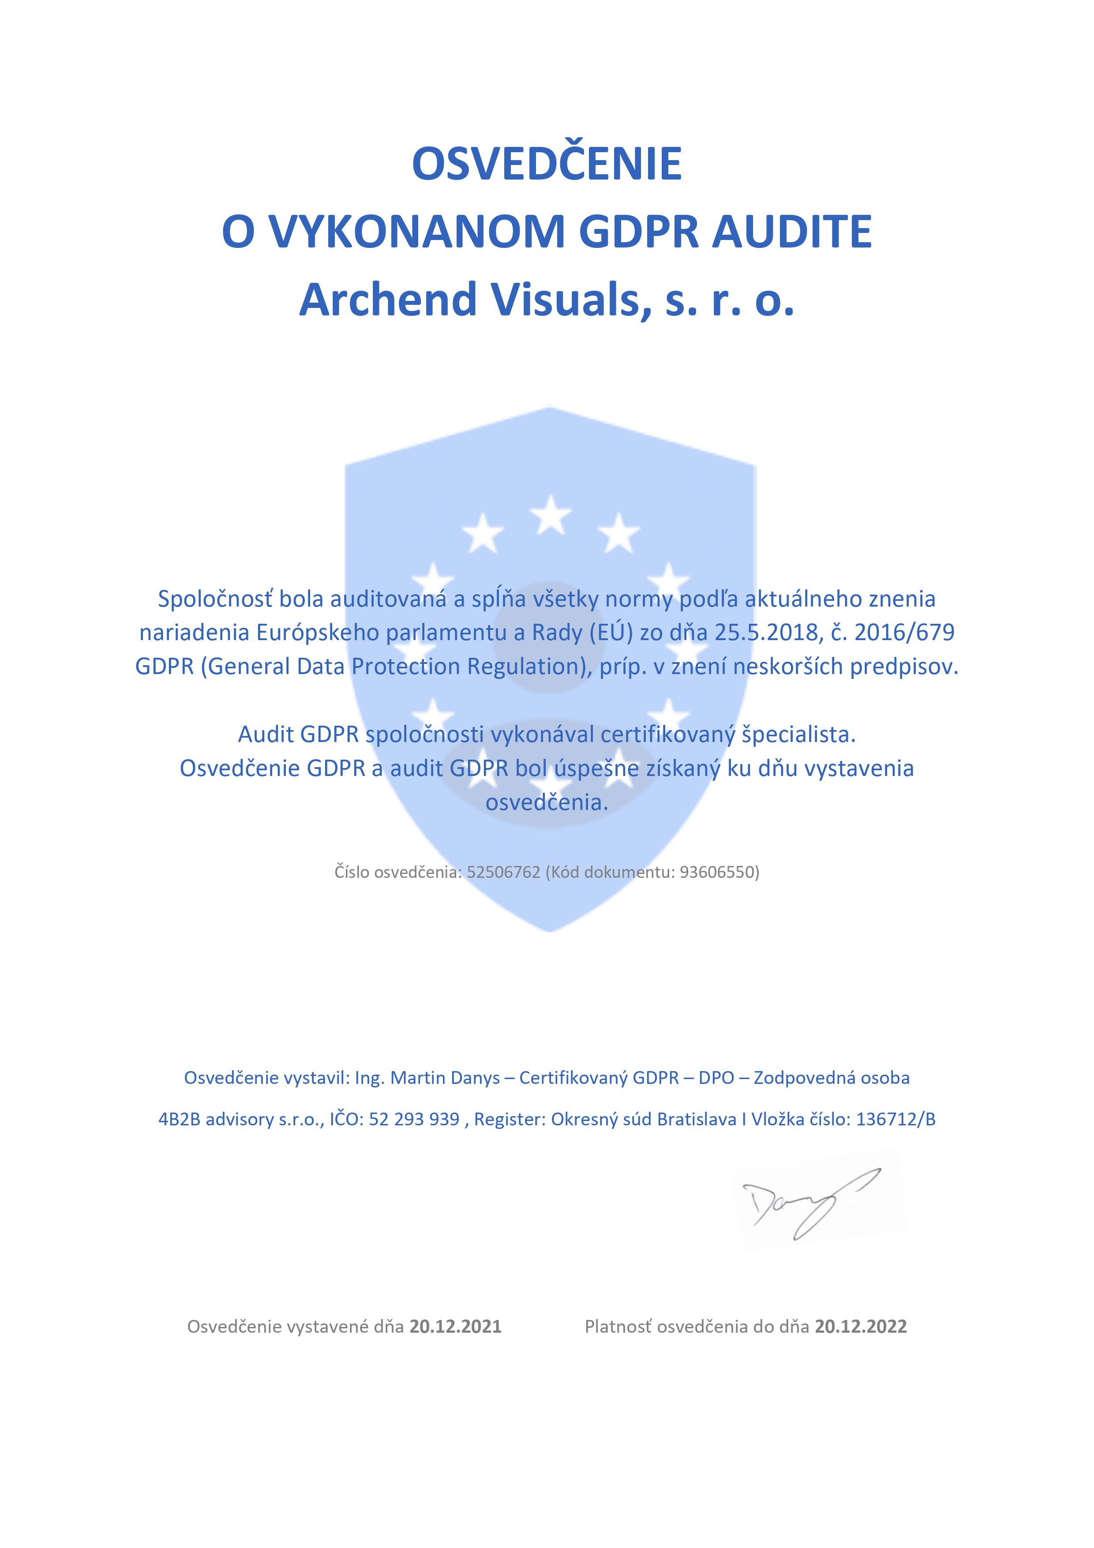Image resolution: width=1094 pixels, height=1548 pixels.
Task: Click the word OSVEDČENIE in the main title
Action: coord(547,164)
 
